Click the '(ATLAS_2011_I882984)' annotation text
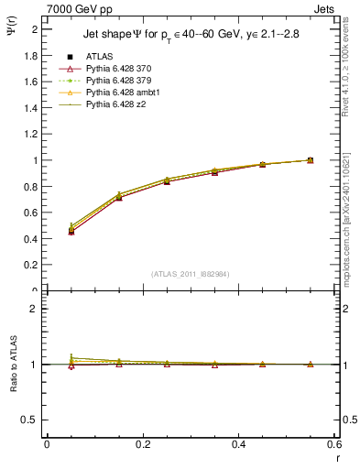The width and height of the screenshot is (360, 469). click(191, 274)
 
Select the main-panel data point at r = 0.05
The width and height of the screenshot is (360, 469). click(71, 230)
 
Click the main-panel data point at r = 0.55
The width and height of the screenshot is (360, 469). click(310, 160)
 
